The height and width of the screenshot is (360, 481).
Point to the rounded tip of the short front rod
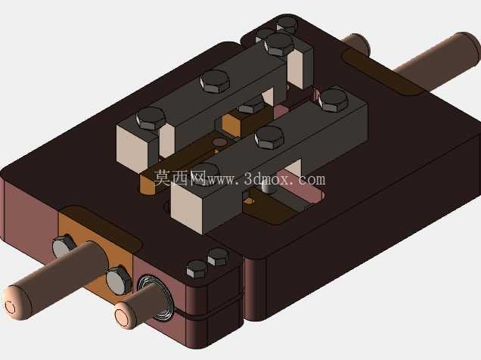pyautogui.click(x=125, y=315)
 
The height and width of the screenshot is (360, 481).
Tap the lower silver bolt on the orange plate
pyautogui.click(x=119, y=281)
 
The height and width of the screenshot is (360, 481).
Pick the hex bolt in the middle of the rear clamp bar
pyautogui.click(x=215, y=81)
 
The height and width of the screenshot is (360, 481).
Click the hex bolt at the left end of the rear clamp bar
pyautogui.click(x=151, y=119)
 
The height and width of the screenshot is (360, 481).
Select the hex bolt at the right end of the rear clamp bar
pyautogui.click(x=280, y=45)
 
